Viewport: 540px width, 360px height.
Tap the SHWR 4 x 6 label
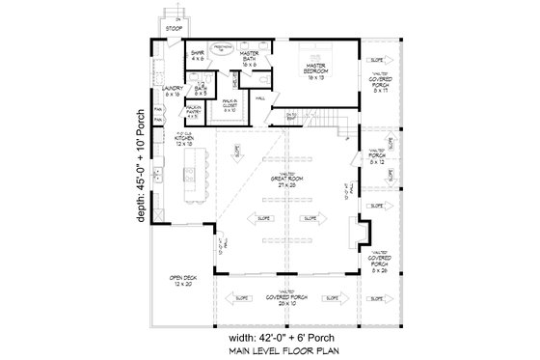point(196,56)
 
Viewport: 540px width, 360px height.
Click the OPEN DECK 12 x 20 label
point(182,284)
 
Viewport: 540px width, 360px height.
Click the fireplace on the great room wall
point(357,236)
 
